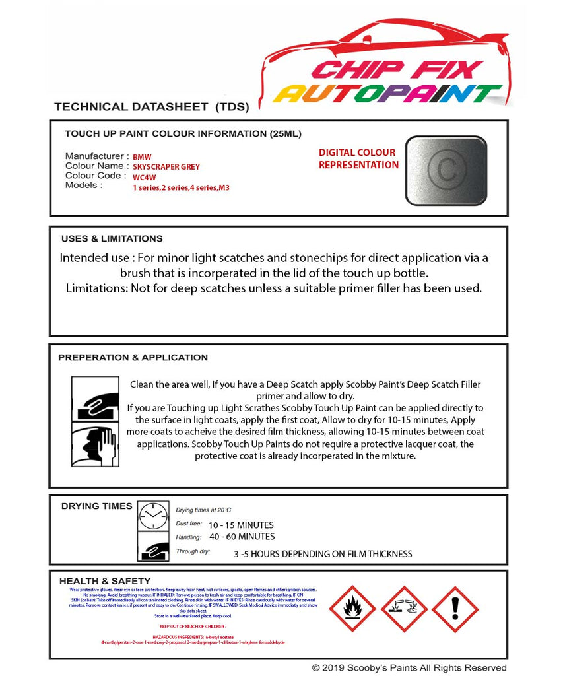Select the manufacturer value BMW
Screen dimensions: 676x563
click(x=142, y=158)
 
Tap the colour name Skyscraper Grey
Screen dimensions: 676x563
click(x=166, y=167)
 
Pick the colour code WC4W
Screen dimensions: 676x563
click(x=145, y=177)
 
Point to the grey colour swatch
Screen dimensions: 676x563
click(x=446, y=170)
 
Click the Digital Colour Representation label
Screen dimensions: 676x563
click(x=358, y=159)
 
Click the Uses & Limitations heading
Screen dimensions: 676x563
click(x=112, y=239)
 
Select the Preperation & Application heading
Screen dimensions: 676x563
click(x=133, y=358)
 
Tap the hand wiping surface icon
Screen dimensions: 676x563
click(x=94, y=398)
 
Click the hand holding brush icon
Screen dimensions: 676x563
click(x=94, y=445)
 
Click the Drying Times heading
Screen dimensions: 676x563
click(x=96, y=506)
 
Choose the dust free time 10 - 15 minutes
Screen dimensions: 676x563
click(x=241, y=525)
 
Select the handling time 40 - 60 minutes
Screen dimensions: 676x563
click(x=242, y=537)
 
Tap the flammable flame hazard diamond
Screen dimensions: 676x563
click(x=352, y=609)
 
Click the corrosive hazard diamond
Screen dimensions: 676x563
click(x=403, y=609)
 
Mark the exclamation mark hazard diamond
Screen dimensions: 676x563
click(x=455, y=609)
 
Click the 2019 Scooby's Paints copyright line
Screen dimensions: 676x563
click(x=409, y=667)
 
